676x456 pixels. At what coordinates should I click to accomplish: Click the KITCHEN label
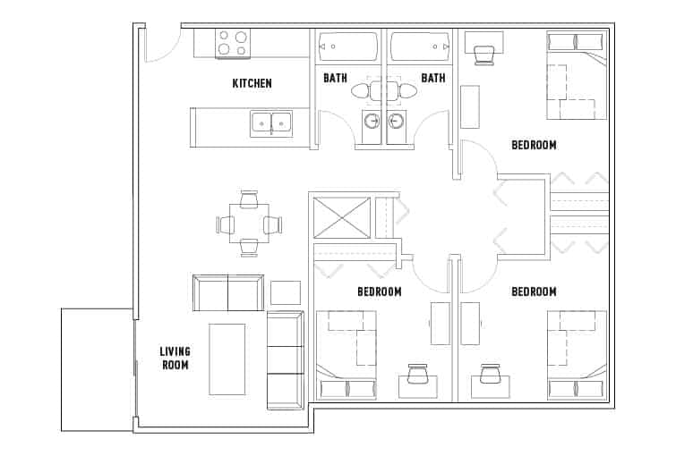pos(252,83)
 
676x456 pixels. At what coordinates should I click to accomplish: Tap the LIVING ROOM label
pos(175,358)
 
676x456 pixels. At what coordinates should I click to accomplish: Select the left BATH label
pos(336,78)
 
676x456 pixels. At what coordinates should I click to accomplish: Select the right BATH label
pos(433,78)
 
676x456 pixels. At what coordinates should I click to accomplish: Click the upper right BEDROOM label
pos(534,145)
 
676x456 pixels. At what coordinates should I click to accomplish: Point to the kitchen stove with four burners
pos(233,43)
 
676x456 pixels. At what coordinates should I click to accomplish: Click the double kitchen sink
pos(270,122)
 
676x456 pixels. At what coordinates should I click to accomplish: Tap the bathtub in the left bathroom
pos(348,43)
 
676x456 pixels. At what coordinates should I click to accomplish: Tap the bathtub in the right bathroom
pos(418,43)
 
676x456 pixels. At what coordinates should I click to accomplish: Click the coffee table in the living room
pos(227,359)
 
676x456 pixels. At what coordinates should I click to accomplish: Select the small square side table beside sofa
pos(286,292)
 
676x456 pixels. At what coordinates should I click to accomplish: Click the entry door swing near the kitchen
pos(158,45)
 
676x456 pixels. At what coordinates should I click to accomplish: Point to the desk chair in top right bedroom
pos(484,54)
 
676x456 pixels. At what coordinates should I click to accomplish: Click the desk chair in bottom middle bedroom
pos(418,374)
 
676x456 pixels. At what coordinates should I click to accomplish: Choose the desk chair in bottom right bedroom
pos(490,373)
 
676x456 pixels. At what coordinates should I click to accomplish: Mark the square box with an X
pos(340,218)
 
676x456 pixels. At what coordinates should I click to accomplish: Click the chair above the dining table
pos(249,198)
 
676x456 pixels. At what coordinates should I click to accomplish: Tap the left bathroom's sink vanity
pos(372,124)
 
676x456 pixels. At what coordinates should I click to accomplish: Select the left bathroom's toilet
pos(364,91)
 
